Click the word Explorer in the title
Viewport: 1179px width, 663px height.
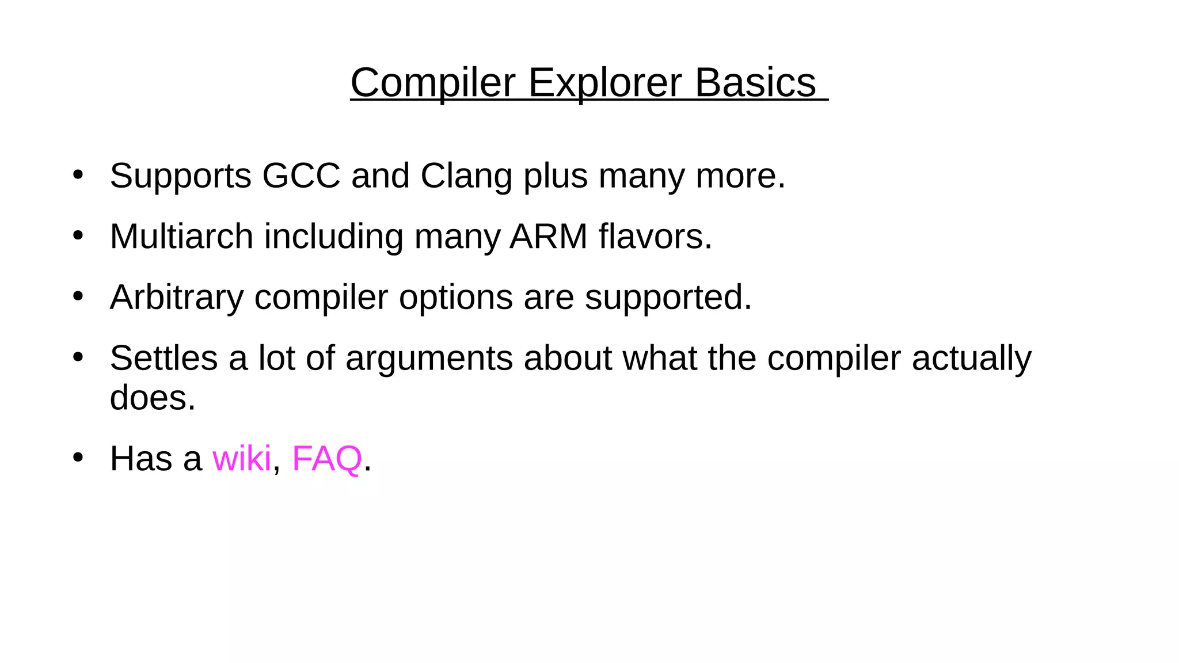coord(604,83)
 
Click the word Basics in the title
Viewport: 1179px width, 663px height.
coord(755,83)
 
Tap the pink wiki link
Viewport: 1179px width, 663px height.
coord(241,459)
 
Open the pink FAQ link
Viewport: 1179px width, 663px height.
coord(327,459)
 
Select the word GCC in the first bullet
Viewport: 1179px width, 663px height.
coord(301,176)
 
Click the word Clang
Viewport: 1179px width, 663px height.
coord(466,176)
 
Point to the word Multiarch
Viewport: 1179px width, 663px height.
coord(181,237)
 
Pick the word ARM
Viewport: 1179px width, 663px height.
coord(548,237)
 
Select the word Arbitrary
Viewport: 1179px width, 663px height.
coord(177,298)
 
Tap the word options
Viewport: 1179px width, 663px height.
coord(456,298)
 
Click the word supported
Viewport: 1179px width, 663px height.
coord(668,298)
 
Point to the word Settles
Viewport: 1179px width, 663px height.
coord(163,358)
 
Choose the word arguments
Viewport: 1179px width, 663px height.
coord(429,358)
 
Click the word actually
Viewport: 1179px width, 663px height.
coord(971,358)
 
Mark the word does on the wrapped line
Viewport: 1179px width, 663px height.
coord(152,398)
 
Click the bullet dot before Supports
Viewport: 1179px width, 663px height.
coord(78,174)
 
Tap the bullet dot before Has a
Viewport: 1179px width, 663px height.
coord(78,458)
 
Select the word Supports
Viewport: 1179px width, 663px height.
coord(181,176)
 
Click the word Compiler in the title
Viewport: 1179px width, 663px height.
coord(433,83)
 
